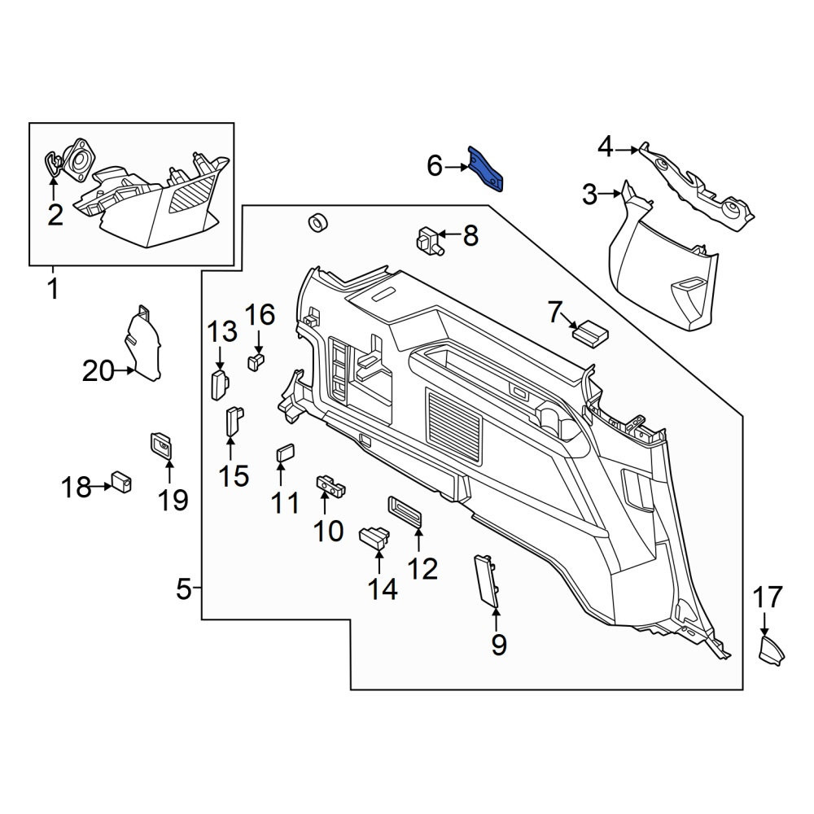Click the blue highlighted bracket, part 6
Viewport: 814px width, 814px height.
(x=486, y=168)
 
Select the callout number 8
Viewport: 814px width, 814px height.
(x=470, y=236)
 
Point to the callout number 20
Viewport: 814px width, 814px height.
(x=98, y=370)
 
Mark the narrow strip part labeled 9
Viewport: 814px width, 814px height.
(x=487, y=580)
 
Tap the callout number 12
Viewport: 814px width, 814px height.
(x=422, y=569)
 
